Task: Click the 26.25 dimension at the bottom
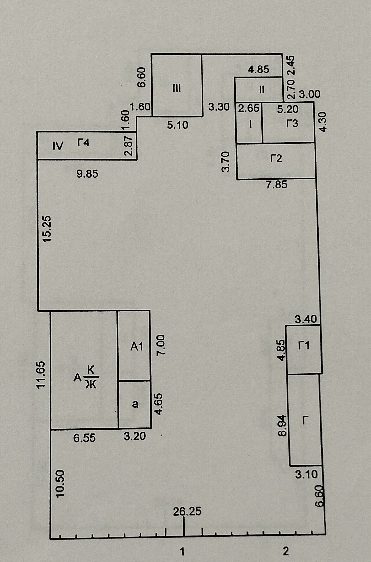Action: click(187, 512)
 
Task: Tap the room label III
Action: click(177, 88)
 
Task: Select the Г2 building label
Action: click(276, 158)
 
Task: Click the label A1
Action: click(137, 347)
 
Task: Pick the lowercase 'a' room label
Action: click(135, 404)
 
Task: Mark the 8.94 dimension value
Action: click(282, 425)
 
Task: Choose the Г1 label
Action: click(304, 346)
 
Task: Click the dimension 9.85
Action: click(87, 173)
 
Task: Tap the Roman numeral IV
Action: click(58, 146)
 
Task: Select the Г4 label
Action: click(83, 143)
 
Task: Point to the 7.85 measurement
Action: click(277, 185)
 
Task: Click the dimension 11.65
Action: click(41, 375)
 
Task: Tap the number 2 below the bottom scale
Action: click(286, 551)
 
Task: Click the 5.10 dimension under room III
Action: click(177, 125)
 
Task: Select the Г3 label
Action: click(292, 124)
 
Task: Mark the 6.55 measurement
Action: click(84, 437)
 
